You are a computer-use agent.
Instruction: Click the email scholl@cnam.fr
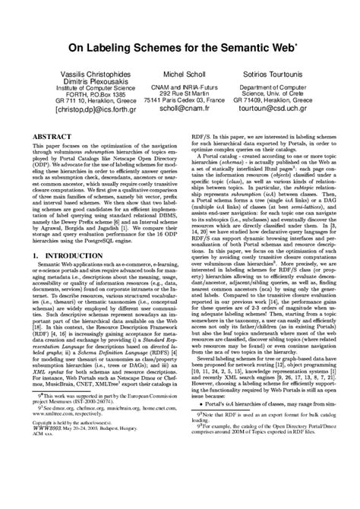(x=179, y=108)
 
